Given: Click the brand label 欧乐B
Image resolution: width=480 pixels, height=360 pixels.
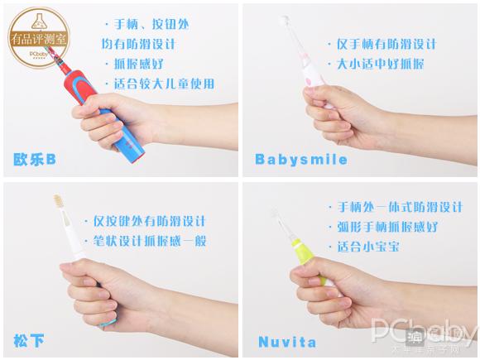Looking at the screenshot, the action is tap(35, 160).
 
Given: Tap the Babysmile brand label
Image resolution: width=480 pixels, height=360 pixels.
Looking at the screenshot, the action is tap(301, 160).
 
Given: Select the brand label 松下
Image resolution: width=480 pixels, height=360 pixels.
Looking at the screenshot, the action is tap(29, 341).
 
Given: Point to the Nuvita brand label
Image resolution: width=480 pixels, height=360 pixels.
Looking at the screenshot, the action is tap(287, 342).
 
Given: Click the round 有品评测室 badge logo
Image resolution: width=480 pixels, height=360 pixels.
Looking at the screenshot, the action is tap(39, 37).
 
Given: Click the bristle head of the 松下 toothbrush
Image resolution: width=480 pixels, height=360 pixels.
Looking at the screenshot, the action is tap(59, 200).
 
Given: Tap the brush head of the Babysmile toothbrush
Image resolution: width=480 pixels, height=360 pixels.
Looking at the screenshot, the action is tap(286, 22).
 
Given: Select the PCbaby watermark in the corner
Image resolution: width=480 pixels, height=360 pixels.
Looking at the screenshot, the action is tap(424, 334).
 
